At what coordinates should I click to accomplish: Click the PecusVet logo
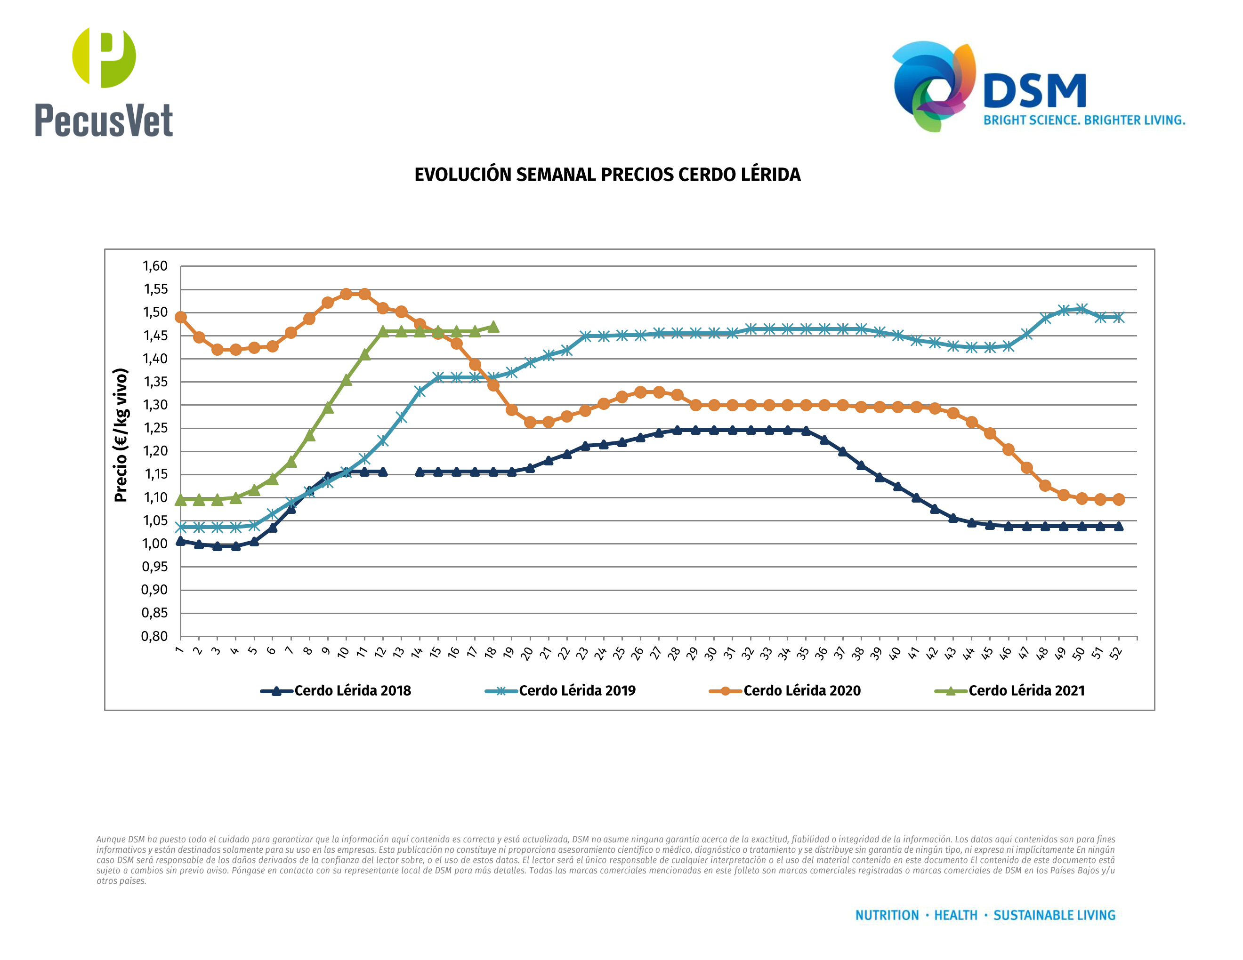pyautogui.click(x=104, y=82)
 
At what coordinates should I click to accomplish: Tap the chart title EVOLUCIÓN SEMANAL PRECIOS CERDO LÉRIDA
pyautogui.click(x=607, y=175)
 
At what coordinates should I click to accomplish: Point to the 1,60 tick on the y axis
pyautogui.click(x=155, y=266)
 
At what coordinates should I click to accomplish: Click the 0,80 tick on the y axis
pyautogui.click(x=155, y=636)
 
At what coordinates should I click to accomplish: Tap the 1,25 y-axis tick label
pyautogui.click(x=155, y=428)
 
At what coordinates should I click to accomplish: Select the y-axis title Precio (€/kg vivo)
pyautogui.click(x=121, y=435)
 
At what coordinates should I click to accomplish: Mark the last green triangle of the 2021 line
pyautogui.click(x=493, y=327)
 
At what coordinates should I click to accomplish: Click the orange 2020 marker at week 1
pyautogui.click(x=180, y=317)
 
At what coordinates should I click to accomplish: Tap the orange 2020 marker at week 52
pyautogui.click(x=1119, y=499)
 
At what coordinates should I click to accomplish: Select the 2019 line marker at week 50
pyautogui.click(x=1082, y=309)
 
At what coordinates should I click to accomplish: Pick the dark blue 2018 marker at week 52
pyautogui.click(x=1119, y=527)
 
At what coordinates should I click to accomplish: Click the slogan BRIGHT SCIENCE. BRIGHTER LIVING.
pyautogui.click(x=1084, y=120)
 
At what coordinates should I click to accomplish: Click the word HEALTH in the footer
pyautogui.click(x=956, y=915)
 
